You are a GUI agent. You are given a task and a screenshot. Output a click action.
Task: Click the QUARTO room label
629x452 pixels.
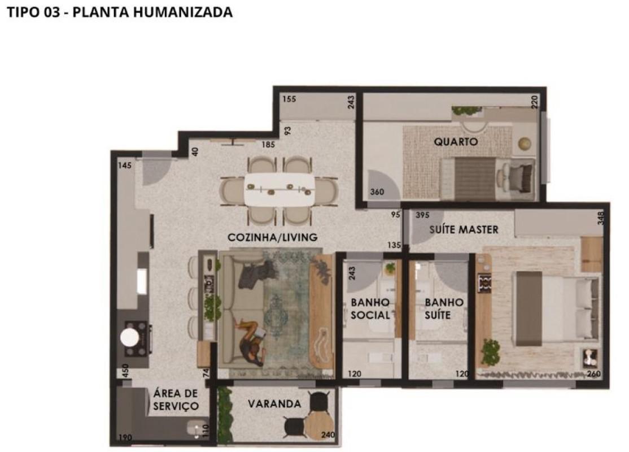pyautogui.click(x=456, y=142)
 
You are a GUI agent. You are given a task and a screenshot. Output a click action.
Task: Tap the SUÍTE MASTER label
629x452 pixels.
pyautogui.click(x=464, y=229)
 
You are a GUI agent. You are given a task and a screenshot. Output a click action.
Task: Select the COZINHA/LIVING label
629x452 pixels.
pyautogui.click(x=272, y=237)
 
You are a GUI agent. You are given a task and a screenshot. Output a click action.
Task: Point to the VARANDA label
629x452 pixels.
pyautogui.click(x=274, y=403)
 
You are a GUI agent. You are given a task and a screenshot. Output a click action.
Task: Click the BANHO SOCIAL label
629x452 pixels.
pyautogui.click(x=370, y=308)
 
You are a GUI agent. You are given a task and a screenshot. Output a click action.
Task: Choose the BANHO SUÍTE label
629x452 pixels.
pyautogui.click(x=444, y=308)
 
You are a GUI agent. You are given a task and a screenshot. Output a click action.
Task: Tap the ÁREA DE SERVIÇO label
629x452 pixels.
pyautogui.click(x=176, y=400)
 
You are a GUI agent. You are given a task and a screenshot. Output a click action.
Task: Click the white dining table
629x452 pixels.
pyautogui.click(x=280, y=189)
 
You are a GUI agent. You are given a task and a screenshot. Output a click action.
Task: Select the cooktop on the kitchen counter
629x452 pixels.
pyautogui.click(x=137, y=338)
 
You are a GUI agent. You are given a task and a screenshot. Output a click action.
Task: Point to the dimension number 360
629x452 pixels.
pyautogui.click(x=377, y=192)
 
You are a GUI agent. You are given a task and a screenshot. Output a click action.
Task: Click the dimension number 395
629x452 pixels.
pyautogui.click(x=422, y=215)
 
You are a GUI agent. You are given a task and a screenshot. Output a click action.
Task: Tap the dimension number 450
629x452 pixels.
pyautogui.click(x=125, y=370)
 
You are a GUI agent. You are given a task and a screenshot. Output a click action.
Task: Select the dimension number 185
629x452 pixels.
pyautogui.click(x=268, y=145)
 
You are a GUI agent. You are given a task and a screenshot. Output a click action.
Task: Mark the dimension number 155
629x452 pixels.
pyautogui.click(x=289, y=99)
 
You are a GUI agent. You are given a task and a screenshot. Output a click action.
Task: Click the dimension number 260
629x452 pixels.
pyautogui.click(x=593, y=374)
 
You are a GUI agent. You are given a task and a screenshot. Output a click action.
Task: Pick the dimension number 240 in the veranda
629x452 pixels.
pyautogui.click(x=328, y=434)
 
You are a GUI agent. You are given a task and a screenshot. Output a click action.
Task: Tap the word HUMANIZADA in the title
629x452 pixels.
pyautogui.click(x=183, y=12)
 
